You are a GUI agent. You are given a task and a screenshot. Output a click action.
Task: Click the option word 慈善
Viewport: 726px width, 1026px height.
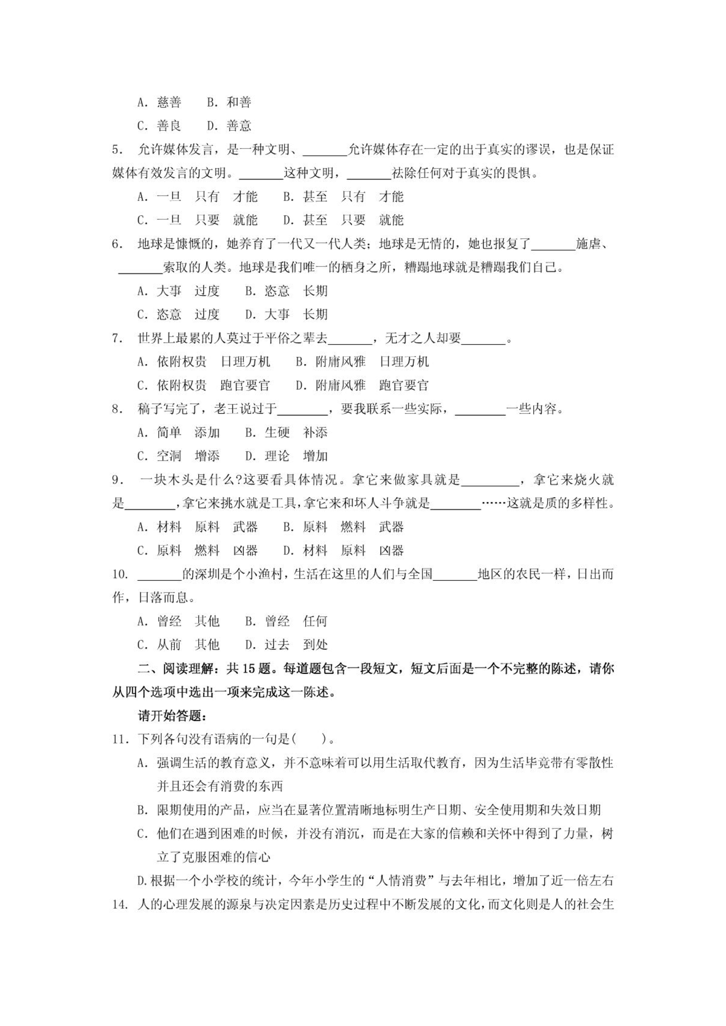[169, 102]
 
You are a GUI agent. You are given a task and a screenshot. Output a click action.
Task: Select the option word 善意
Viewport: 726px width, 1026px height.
[239, 126]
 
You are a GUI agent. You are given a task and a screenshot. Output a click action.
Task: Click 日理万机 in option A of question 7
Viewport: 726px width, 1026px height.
[245, 362]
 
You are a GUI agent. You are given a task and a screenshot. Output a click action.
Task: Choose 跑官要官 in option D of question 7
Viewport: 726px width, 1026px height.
[404, 385]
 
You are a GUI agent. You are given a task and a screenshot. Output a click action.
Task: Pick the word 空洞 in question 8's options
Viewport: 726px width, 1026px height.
[169, 456]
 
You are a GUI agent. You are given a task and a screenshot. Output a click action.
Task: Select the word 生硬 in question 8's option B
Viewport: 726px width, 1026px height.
[277, 432]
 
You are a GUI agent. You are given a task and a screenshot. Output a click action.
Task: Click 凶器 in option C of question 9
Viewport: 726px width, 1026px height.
[245, 550]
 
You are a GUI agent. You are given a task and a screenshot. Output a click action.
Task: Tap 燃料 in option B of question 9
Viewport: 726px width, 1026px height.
[353, 527]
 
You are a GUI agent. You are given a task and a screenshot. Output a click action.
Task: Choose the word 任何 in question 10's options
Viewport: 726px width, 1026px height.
[315, 621]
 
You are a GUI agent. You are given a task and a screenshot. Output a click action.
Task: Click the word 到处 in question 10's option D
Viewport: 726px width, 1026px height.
[315, 645]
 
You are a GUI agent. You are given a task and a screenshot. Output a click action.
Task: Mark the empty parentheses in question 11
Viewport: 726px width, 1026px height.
[309, 739]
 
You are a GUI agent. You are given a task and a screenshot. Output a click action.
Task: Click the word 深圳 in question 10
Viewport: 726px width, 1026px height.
[207, 574]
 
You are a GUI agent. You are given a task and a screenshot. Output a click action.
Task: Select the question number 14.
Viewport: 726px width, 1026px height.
[119, 904]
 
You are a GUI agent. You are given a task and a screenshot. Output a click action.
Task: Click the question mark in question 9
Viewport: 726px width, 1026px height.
[238, 480]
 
